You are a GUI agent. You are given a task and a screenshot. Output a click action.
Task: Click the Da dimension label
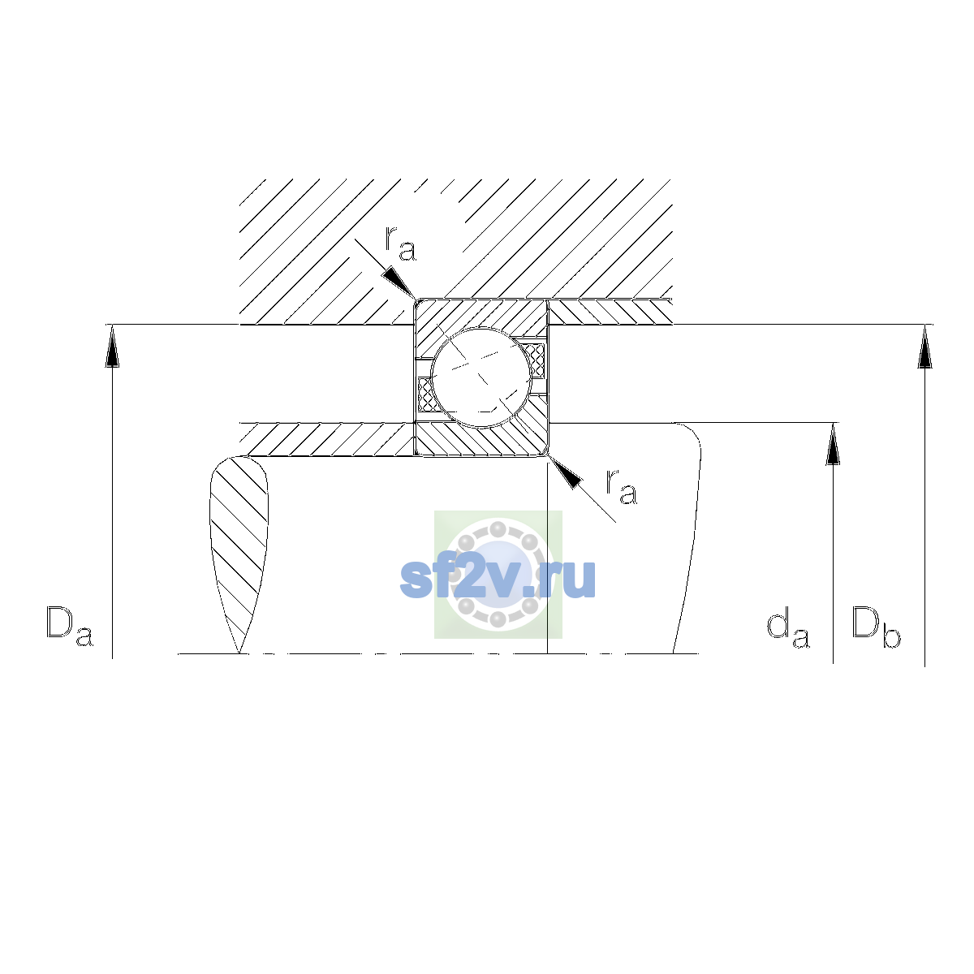coord(70,627)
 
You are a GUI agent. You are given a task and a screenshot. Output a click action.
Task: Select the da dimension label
coord(788,629)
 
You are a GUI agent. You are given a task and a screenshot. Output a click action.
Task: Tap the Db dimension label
coord(876,627)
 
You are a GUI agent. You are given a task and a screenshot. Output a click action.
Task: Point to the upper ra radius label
coord(400,243)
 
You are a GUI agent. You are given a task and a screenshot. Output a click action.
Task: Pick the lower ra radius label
coord(621,487)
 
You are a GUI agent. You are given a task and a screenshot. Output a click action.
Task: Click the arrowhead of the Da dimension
coord(112,346)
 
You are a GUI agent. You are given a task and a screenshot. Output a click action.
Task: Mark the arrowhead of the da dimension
coord(833,444)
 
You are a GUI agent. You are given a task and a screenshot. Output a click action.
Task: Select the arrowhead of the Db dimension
coord(925,347)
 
